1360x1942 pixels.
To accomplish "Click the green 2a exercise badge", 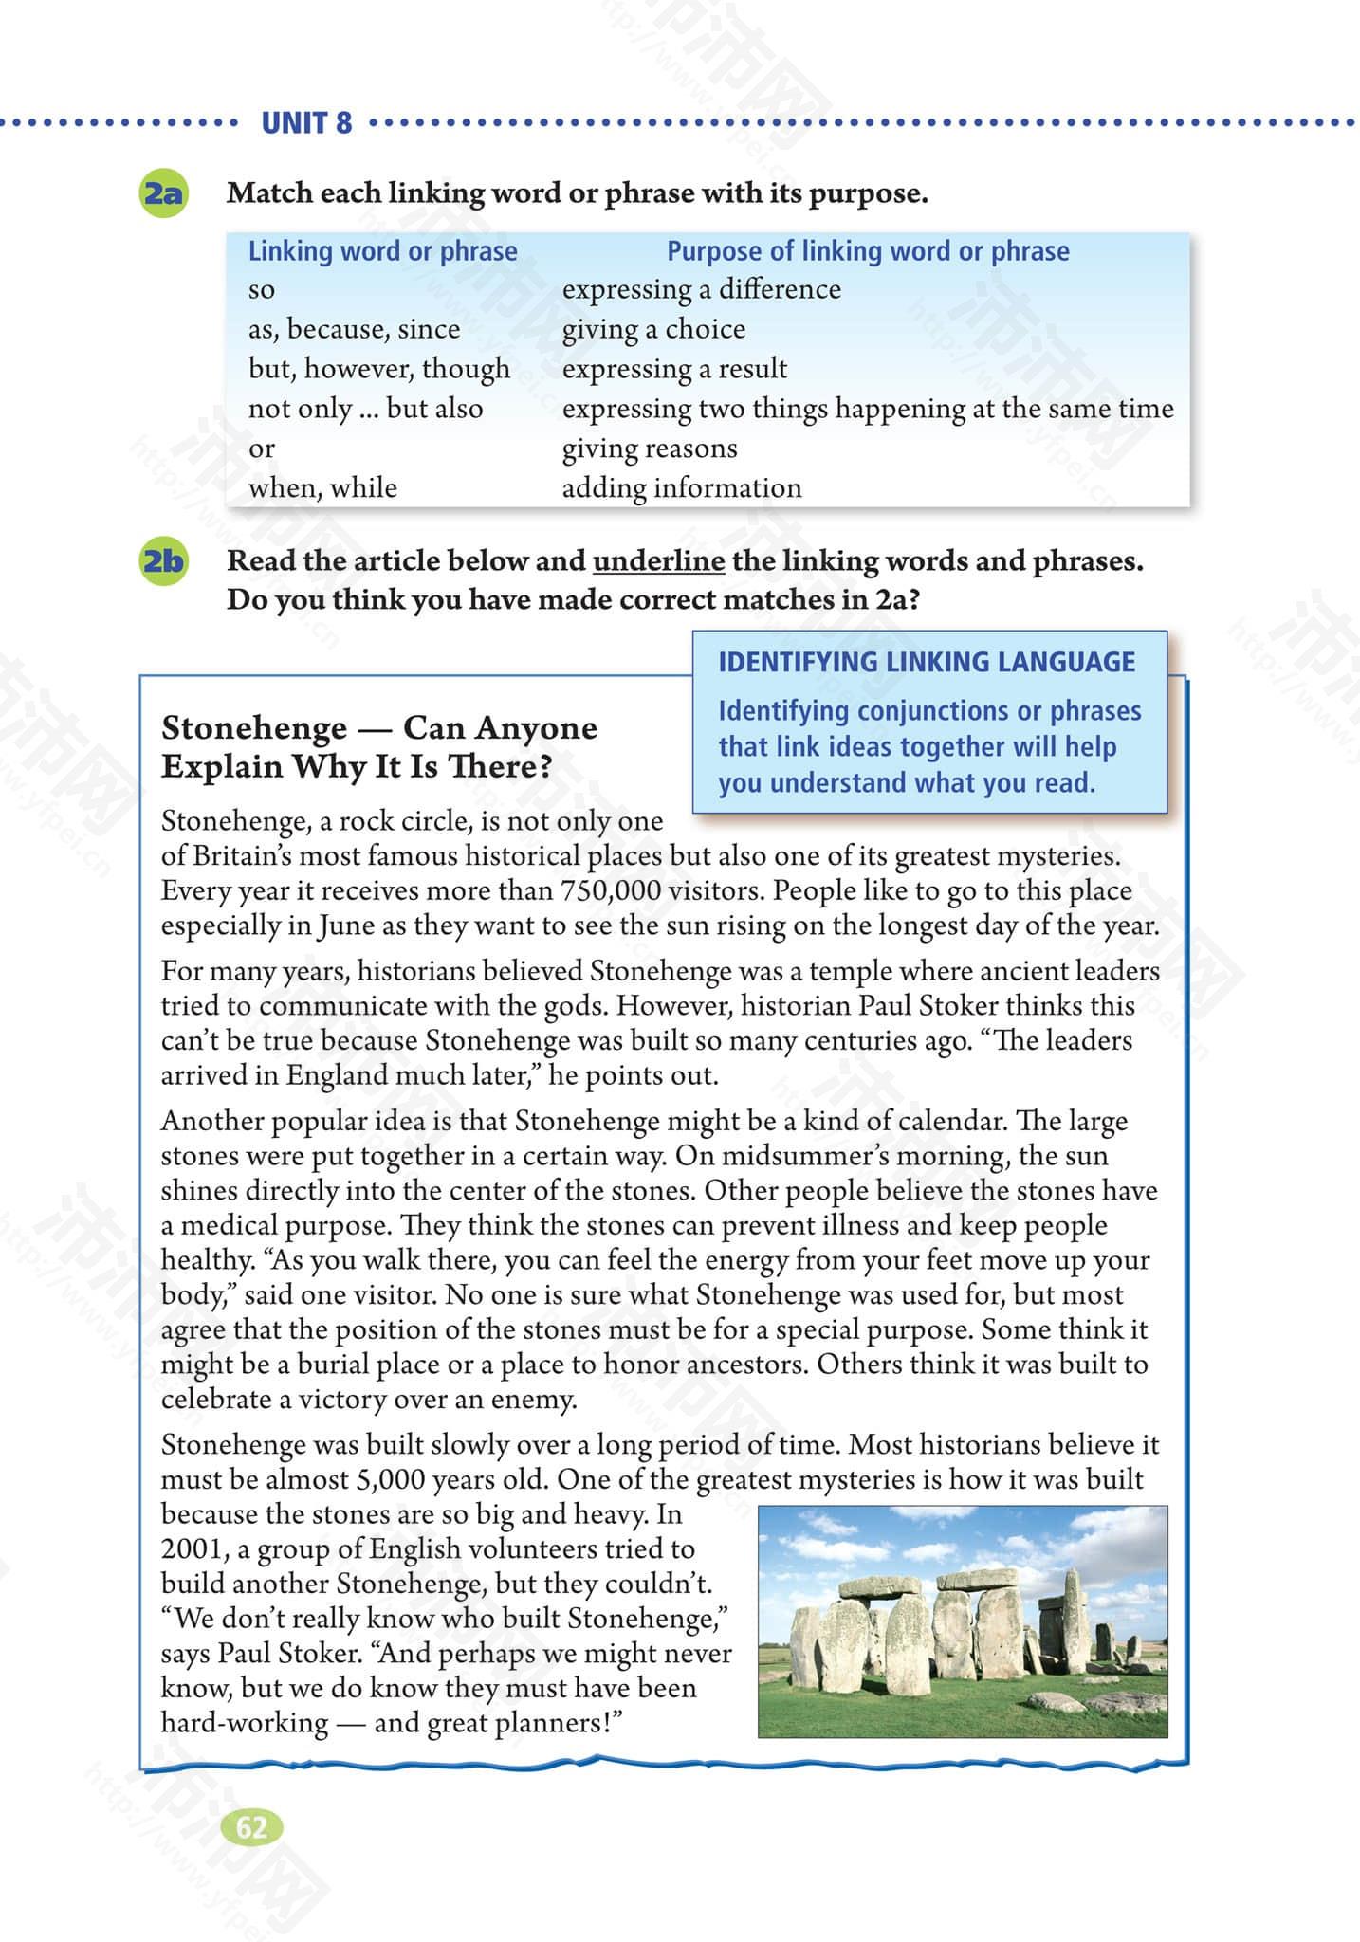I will pos(162,193).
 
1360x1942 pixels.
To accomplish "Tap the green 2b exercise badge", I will pos(162,561).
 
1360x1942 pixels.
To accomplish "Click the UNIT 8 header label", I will pos(305,123).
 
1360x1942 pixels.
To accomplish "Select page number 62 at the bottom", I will pos(250,1827).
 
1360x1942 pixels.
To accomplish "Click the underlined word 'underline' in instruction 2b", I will pos(658,561).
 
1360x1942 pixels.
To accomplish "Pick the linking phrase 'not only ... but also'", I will pos(365,409).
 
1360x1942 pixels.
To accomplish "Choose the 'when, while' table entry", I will pos(322,488).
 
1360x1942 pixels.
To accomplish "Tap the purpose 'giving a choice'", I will pos(653,329).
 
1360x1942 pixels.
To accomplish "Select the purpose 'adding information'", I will pos(681,488).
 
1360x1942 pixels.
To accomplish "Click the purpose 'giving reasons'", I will pos(649,449).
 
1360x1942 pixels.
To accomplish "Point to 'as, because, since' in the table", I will pos(354,329).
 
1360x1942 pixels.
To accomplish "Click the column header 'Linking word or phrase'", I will pos(382,251).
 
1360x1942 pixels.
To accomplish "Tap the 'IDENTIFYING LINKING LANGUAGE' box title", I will pos(926,662).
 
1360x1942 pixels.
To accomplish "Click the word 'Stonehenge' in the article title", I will pos(254,728).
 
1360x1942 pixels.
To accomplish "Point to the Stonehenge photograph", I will pos(963,1621).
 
